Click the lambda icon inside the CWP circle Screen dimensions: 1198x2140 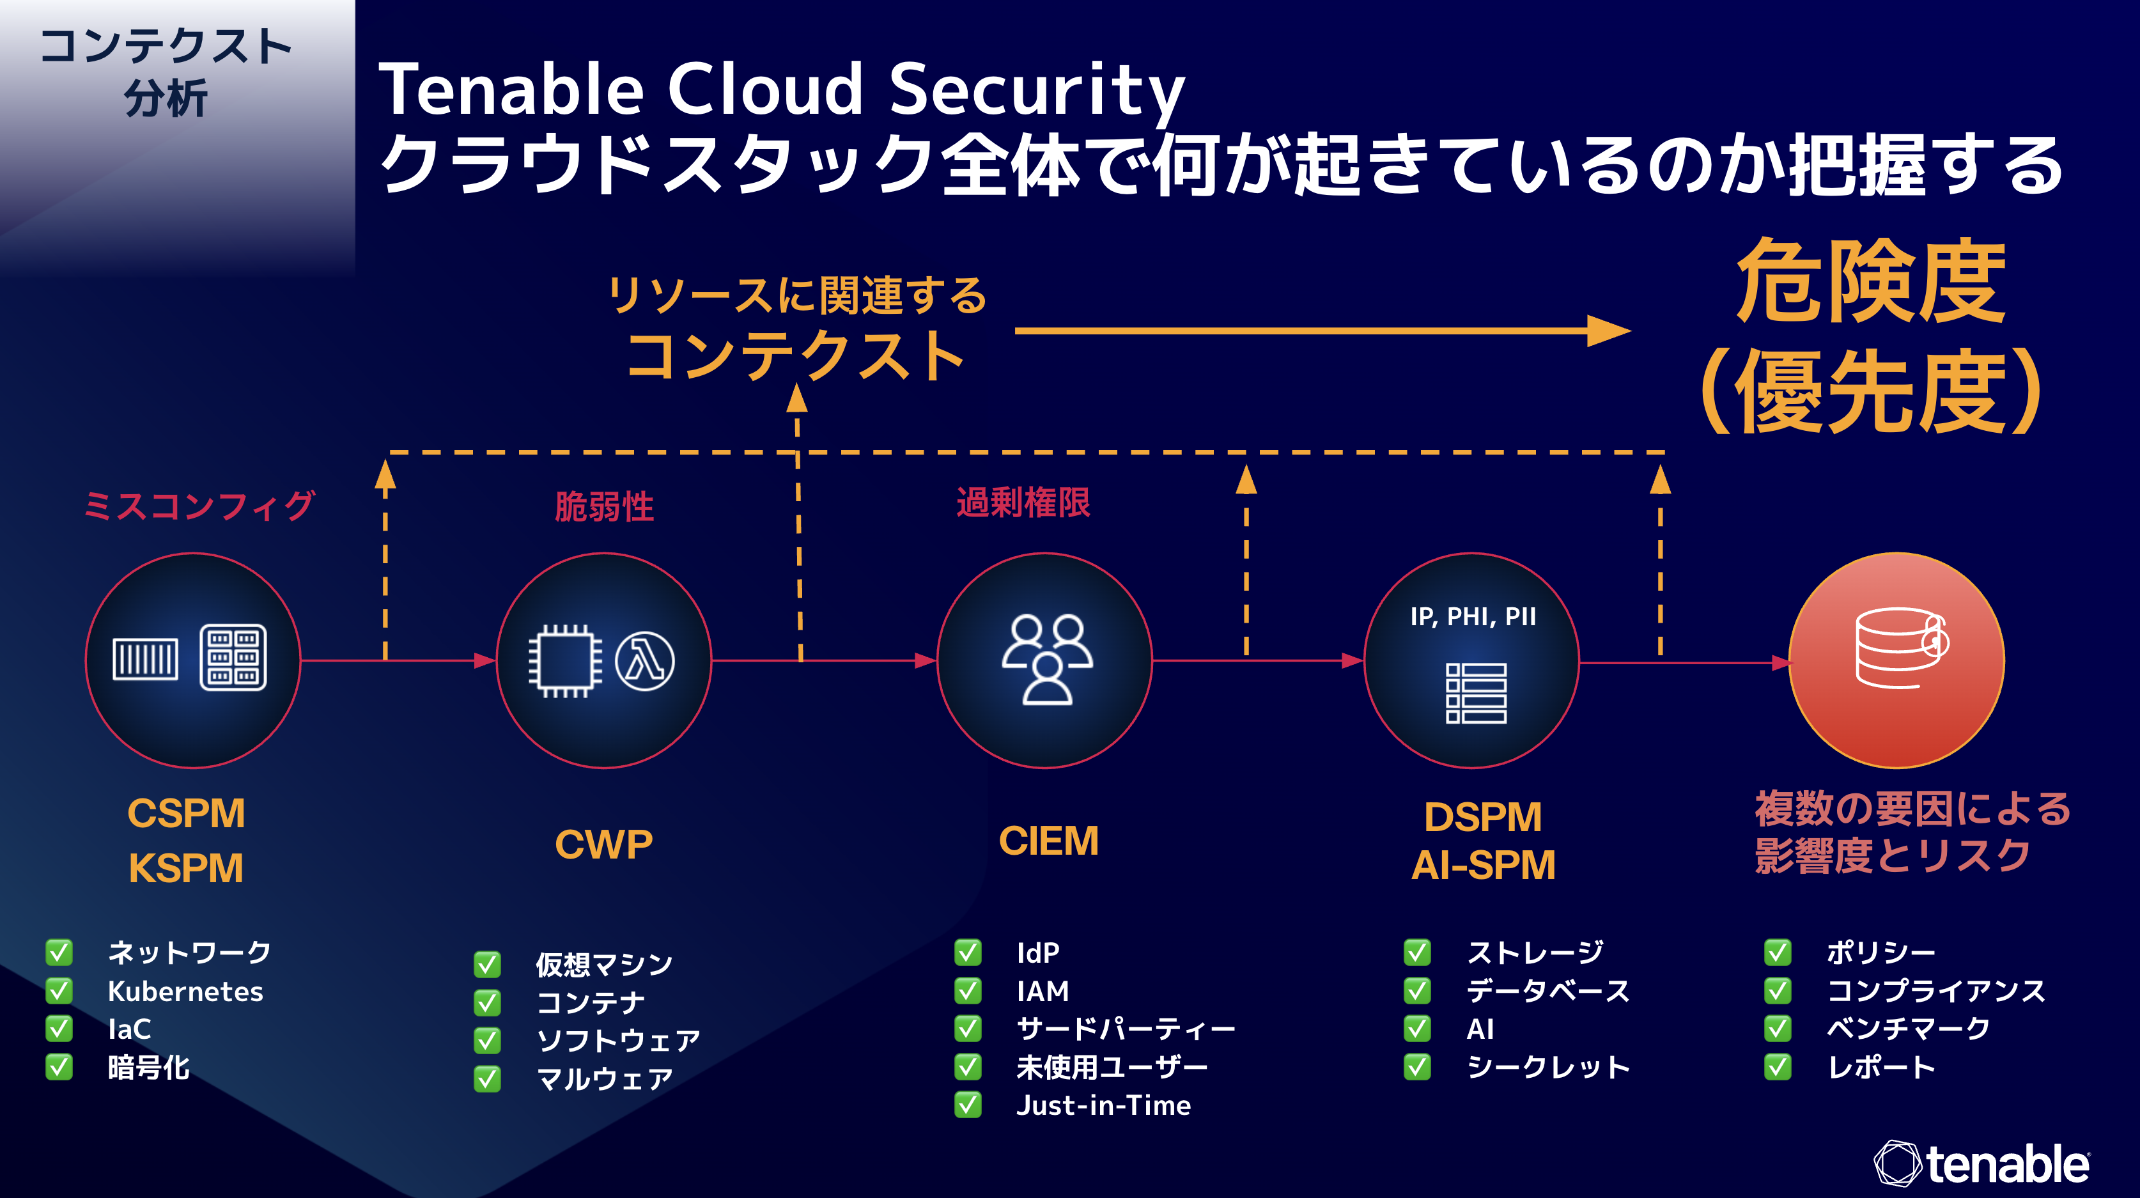[645, 661]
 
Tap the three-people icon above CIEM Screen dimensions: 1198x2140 [1047, 660]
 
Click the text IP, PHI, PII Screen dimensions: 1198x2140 [1473, 616]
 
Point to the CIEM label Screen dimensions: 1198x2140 [1048, 841]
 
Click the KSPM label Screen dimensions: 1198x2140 [186, 868]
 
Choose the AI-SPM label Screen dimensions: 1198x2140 [1483, 865]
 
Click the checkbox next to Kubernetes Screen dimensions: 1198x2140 [59, 990]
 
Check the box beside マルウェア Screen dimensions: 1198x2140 [488, 1078]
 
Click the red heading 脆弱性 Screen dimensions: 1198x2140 [604, 506]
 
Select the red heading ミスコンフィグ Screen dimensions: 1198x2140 [199, 505]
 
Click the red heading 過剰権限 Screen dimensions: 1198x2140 [1023, 502]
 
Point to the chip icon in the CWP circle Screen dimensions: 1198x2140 [565, 661]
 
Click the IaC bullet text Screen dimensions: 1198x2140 [130, 1029]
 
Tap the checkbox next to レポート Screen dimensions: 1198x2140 [1778, 1067]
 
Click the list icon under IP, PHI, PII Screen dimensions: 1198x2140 [1475, 693]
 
